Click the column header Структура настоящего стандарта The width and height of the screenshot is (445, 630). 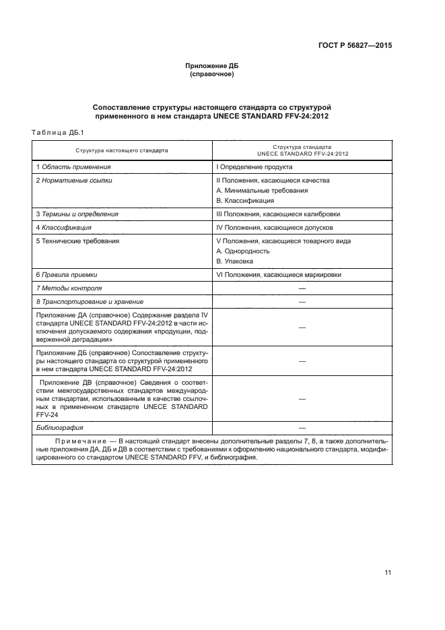click(122, 150)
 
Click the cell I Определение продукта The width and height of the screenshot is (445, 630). click(254, 166)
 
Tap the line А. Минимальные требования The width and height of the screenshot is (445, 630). click(262, 191)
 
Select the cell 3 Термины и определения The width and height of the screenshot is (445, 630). click(77, 214)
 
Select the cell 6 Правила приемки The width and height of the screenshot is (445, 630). click(67, 275)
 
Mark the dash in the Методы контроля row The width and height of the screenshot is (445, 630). click(302, 288)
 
